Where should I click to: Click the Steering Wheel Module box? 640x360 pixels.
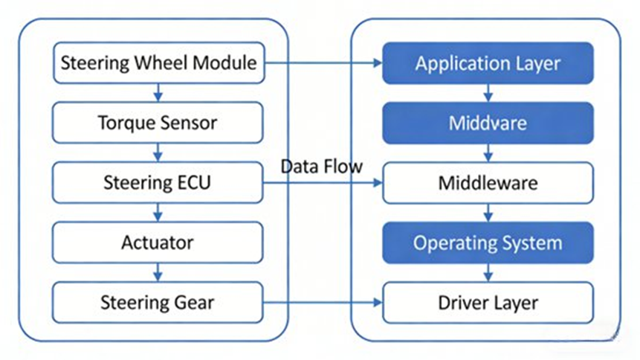click(x=158, y=62)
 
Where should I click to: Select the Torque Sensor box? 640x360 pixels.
click(x=158, y=123)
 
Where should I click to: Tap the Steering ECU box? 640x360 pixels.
click(x=158, y=183)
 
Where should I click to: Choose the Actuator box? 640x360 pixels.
click(x=158, y=242)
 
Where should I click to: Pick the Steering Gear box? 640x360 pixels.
click(x=158, y=303)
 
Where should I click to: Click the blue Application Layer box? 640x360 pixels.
click(x=488, y=62)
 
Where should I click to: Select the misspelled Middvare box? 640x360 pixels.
click(x=488, y=123)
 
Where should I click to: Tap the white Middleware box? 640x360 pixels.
click(x=488, y=183)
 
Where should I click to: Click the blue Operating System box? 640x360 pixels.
click(x=488, y=242)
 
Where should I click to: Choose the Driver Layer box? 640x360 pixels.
click(x=488, y=303)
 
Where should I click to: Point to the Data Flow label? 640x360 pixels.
click(x=321, y=166)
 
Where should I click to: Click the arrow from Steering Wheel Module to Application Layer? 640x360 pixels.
click(x=323, y=63)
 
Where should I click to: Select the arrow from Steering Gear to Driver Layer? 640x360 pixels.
click(x=323, y=303)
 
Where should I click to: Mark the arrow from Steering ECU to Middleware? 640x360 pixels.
click(x=323, y=183)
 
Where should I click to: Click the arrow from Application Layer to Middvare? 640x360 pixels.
click(x=488, y=93)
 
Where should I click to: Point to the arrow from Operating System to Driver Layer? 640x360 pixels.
click(x=488, y=273)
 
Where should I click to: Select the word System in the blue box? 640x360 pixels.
click(x=532, y=242)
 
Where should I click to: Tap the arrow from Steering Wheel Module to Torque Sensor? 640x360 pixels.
click(x=158, y=93)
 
